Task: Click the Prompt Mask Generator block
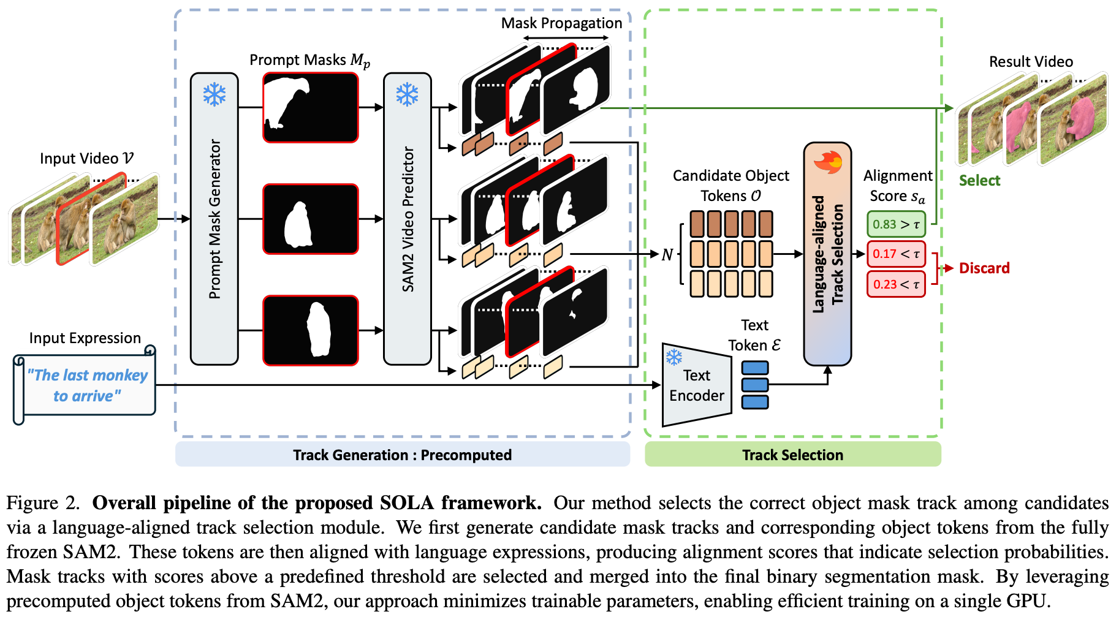tap(214, 219)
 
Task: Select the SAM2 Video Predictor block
tap(408, 219)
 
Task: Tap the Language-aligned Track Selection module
tap(827, 254)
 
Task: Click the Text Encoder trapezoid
tap(697, 385)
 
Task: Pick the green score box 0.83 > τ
tap(896, 224)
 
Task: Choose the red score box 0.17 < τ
tap(896, 254)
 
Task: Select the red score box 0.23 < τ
tap(896, 284)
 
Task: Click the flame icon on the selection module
tap(827, 162)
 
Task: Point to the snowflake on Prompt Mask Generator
tap(214, 95)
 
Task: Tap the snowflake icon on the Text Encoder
tap(674, 357)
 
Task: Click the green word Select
tap(979, 181)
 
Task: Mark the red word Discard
tap(984, 268)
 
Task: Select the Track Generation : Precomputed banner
tap(402, 455)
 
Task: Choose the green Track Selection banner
tap(792, 455)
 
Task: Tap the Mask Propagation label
tap(561, 23)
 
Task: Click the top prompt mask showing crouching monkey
tap(311, 107)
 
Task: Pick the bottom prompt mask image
tap(311, 330)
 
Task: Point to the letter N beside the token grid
tap(667, 254)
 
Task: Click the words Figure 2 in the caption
tap(43, 503)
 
